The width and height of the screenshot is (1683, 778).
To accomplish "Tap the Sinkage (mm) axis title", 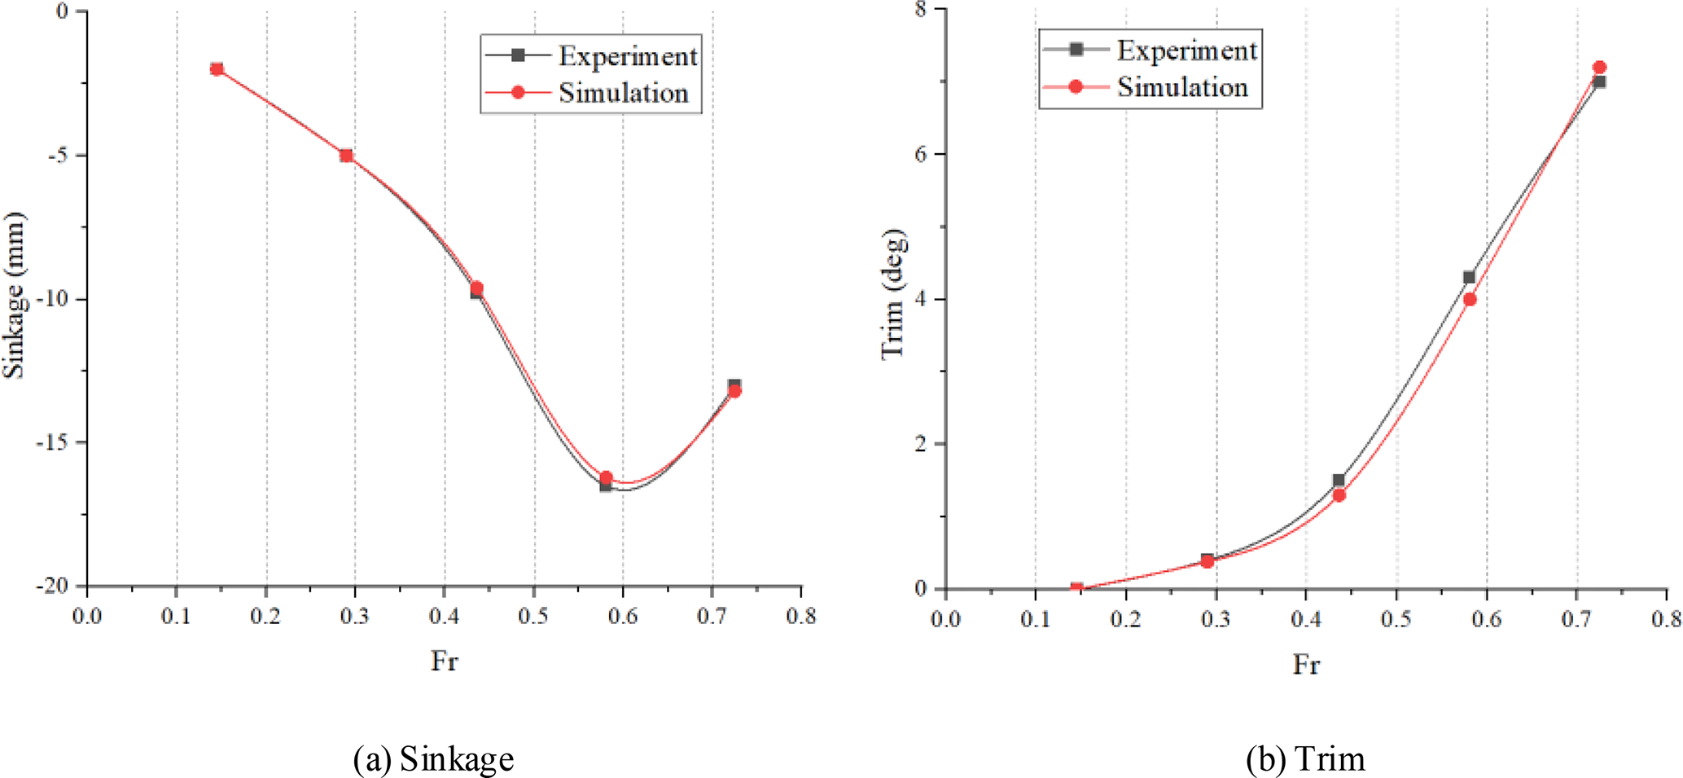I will (15, 295).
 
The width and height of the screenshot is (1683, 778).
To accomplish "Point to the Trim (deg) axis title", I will (893, 294).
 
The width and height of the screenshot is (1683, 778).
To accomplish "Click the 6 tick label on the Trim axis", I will (920, 154).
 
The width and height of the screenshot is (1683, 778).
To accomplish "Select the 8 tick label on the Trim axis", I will (920, 10).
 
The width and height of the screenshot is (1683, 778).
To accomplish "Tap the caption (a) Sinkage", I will (433, 759).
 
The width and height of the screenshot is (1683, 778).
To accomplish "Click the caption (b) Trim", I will (1305, 759).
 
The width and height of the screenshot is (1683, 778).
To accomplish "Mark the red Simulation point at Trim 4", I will (1470, 299).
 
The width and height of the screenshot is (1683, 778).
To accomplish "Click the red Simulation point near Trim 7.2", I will (1599, 68).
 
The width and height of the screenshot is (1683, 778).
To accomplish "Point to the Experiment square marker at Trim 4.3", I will (1469, 278).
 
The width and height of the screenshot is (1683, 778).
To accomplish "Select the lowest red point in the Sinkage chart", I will (606, 477).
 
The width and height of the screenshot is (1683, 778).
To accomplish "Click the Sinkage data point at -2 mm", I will (217, 69).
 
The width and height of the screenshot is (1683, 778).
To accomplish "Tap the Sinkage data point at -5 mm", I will (346, 156).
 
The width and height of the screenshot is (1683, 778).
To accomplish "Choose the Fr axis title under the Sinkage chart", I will (445, 661).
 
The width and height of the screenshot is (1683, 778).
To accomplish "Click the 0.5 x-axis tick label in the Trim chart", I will (1396, 619).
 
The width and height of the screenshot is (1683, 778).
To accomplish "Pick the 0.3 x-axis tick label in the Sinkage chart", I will (354, 617).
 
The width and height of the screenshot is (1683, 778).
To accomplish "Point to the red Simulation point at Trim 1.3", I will (1339, 494).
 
